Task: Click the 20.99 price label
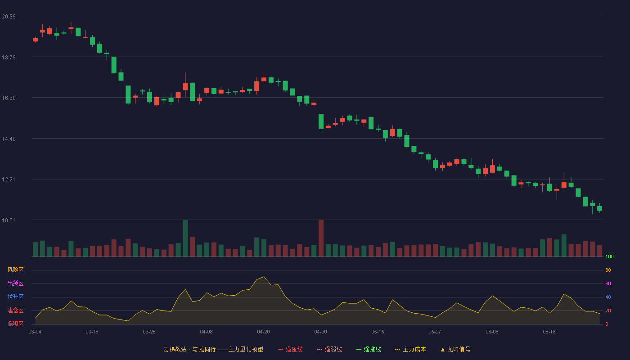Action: click(9, 17)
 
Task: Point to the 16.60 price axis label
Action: click(9, 98)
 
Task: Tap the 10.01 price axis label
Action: click(9, 220)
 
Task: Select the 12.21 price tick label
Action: click(9, 180)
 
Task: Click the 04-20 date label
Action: click(263, 332)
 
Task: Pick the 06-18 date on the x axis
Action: click(549, 332)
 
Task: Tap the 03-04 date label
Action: click(35, 332)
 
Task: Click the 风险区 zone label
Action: click(15, 270)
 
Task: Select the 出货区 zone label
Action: click(15, 283)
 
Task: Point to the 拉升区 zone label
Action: click(15, 297)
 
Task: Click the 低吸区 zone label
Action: click(15, 324)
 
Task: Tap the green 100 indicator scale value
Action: click(609, 257)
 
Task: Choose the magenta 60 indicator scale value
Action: click(608, 284)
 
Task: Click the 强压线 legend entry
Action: click(290, 350)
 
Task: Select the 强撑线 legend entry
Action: click(369, 350)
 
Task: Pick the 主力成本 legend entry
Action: click(410, 350)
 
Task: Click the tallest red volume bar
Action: click(321, 238)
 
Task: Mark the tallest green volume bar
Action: click(185, 238)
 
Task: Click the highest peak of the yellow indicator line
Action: click(264, 277)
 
